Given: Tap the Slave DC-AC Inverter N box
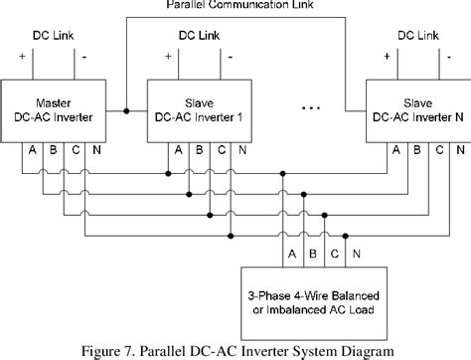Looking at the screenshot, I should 417,111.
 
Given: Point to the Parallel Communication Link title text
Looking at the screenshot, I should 235,7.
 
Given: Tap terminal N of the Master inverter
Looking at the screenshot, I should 95,151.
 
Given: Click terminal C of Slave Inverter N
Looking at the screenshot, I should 438,151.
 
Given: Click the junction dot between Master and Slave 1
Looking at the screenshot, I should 126,110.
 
